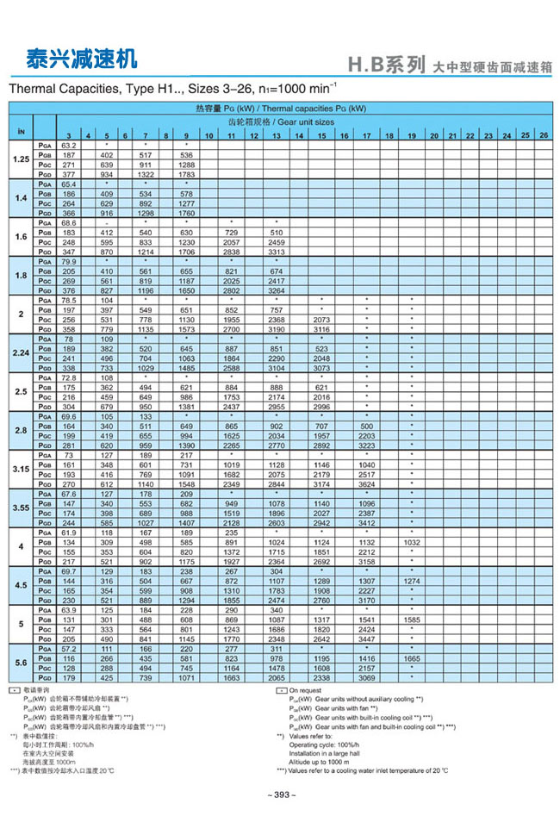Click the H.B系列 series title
386,65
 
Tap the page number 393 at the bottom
281,794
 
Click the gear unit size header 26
543,136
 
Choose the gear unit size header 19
412,136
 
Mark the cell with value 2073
321,319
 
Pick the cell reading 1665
412,658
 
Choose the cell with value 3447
366,639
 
